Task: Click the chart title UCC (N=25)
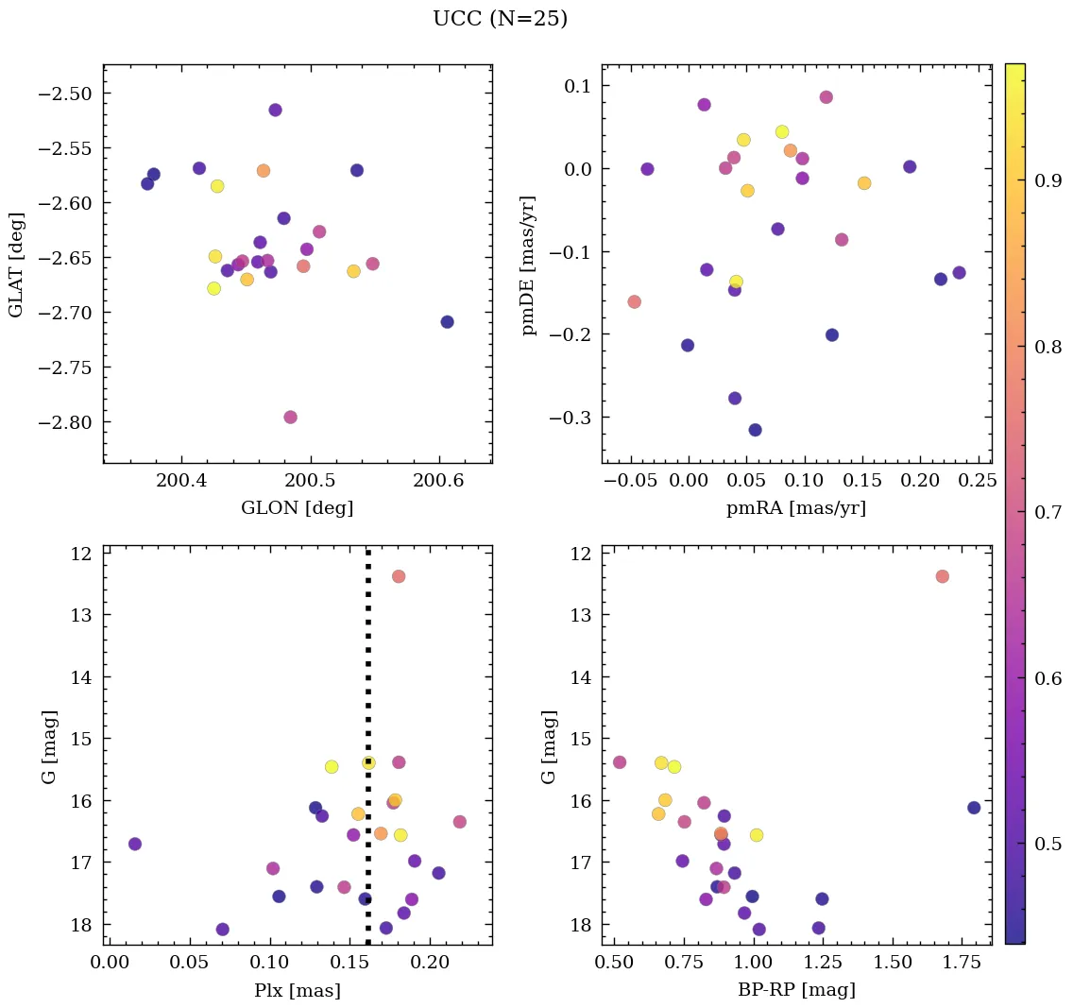(500, 19)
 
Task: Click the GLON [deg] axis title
(298, 508)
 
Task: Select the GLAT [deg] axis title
(16, 265)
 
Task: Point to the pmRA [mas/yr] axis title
(795, 508)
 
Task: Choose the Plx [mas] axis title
(298, 991)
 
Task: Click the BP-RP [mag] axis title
(795, 991)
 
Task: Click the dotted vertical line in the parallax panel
(367, 661)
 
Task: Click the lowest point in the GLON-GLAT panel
(290, 418)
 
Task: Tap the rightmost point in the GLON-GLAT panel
(447, 322)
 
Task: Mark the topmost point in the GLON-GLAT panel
(275, 110)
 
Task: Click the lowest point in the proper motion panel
(755, 430)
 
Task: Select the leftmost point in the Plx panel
(135, 844)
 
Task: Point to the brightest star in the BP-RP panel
(942, 576)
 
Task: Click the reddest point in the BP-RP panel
(974, 808)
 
